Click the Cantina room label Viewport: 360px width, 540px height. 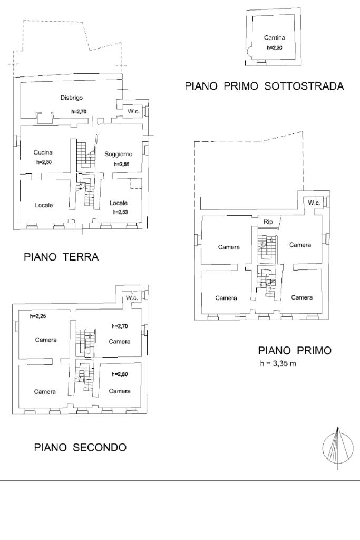pos(274,37)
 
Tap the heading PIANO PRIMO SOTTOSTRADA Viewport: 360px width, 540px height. pos(265,86)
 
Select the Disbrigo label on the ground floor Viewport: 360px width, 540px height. pos(72,97)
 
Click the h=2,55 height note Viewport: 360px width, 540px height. pos(121,165)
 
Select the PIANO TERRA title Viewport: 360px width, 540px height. pos(61,258)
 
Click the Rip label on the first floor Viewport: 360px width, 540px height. pos(268,223)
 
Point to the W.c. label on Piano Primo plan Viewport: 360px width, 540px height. pos(314,203)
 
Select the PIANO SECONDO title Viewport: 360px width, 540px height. pos(80,448)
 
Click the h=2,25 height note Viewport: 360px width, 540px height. pos(38,316)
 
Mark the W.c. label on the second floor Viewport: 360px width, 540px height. pos(132,298)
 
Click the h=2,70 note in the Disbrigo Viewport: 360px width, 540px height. pos(79,112)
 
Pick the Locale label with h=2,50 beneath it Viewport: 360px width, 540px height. pos(119,203)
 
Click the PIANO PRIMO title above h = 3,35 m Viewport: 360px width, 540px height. pos(294,351)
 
